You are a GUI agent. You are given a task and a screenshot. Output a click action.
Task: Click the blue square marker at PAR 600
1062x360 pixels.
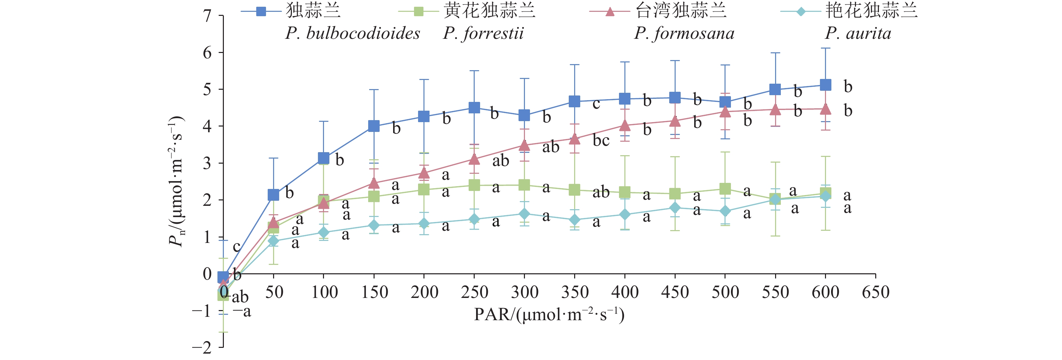[x=825, y=85]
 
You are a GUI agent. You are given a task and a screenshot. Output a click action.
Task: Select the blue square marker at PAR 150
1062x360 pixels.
[x=374, y=126]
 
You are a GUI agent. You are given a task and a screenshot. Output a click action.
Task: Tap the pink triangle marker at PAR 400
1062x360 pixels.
[x=625, y=125]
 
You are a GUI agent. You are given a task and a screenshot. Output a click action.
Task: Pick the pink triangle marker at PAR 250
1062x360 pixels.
[x=474, y=159]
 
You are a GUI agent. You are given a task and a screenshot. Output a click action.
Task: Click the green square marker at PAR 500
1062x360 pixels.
[x=725, y=189]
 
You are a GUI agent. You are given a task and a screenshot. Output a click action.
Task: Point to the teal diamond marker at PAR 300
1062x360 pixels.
[x=524, y=214]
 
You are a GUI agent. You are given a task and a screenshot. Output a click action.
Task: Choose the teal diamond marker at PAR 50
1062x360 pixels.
[x=273, y=241]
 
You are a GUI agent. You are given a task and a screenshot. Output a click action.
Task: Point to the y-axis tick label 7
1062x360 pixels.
[x=207, y=16]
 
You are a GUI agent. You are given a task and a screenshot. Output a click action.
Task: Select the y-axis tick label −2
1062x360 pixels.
[x=202, y=347]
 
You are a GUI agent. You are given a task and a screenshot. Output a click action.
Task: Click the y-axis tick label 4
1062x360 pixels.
[x=207, y=126]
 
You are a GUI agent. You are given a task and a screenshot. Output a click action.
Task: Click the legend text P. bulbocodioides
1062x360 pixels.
[x=353, y=33]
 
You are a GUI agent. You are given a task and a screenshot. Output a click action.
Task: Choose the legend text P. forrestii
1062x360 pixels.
[x=483, y=33]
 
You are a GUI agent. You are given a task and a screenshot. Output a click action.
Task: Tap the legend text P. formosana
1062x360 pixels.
[x=684, y=33]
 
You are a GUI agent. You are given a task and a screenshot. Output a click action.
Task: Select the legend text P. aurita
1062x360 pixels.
[x=858, y=33]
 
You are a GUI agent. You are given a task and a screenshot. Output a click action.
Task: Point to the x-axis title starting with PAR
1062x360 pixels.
[x=549, y=315]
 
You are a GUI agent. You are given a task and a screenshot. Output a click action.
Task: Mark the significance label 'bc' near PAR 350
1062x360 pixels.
[x=601, y=141]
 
